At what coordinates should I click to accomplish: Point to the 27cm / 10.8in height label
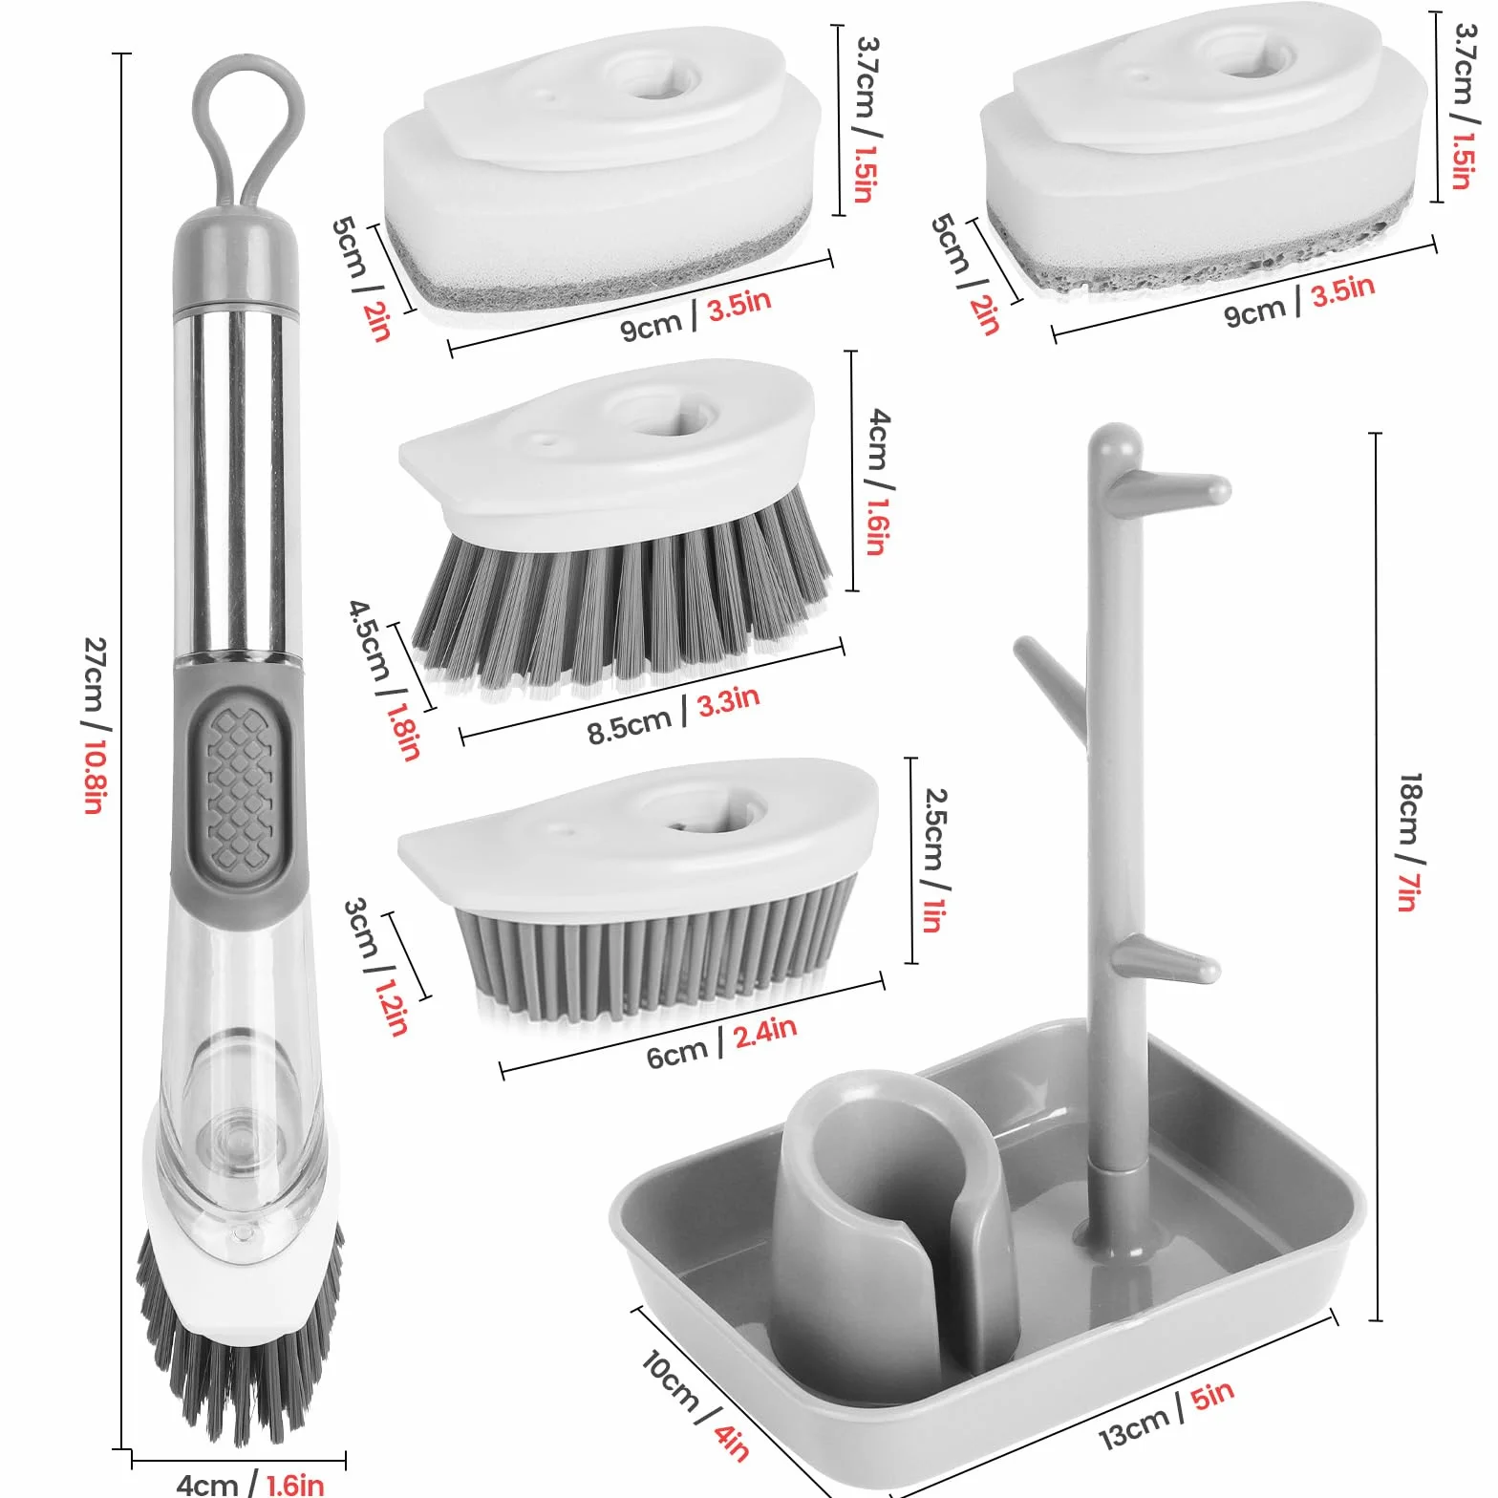point(95,725)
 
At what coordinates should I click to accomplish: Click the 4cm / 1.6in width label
point(250,1483)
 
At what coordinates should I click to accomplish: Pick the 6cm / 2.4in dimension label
point(721,1043)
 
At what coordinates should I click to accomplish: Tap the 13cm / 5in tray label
point(1166,1414)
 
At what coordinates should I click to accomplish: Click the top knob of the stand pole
point(1115,446)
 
